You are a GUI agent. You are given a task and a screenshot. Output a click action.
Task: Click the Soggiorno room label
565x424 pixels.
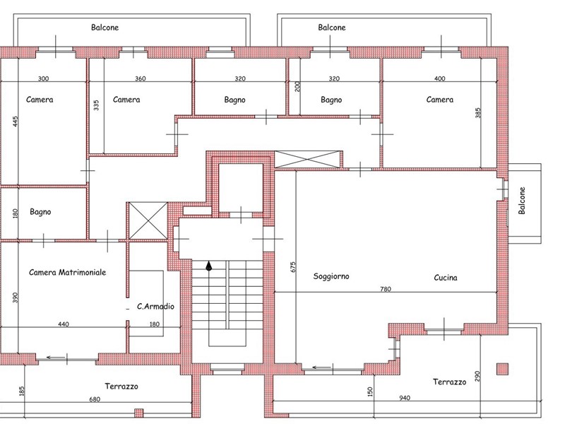(x=331, y=276)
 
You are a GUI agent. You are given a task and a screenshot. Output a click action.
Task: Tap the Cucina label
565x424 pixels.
(x=446, y=278)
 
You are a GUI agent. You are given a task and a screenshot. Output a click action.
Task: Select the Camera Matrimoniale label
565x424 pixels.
(x=67, y=272)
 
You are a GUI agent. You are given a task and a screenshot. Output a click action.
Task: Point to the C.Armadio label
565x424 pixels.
(x=155, y=307)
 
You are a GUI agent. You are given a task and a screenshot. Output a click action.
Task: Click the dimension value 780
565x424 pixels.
(x=386, y=289)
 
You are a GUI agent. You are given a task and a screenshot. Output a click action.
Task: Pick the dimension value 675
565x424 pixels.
(x=293, y=267)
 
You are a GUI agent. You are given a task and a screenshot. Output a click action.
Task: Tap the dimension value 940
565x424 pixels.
(x=405, y=398)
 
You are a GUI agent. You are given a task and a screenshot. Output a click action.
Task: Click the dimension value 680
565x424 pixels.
(x=95, y=399)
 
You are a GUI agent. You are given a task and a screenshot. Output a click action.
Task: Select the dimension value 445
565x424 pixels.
(x=15, y=121)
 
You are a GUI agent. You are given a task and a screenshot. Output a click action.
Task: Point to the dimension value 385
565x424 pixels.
(x=478, y=113)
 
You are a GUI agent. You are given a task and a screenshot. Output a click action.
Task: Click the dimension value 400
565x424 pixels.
(x=439, y=78)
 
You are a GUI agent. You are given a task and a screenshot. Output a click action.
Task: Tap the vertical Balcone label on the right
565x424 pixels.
(x=522, y=201)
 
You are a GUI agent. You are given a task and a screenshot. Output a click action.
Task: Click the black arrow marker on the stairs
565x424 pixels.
(x=208, y=266)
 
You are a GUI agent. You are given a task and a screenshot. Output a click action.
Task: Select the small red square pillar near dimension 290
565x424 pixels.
(x=503, y=369)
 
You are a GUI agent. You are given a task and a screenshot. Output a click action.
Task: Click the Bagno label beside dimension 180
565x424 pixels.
(x=40, y=212)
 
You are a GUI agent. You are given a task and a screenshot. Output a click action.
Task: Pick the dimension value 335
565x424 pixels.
(x=96, y=105)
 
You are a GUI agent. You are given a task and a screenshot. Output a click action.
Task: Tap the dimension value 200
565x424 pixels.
(x=297, y=86)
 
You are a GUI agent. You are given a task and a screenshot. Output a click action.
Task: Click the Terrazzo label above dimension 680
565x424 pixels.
(x=121, y=387)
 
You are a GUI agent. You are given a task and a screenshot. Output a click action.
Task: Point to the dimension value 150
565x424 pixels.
(x=370, y=392)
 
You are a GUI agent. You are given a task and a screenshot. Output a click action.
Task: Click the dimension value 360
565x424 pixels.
(x=140, y=78)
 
